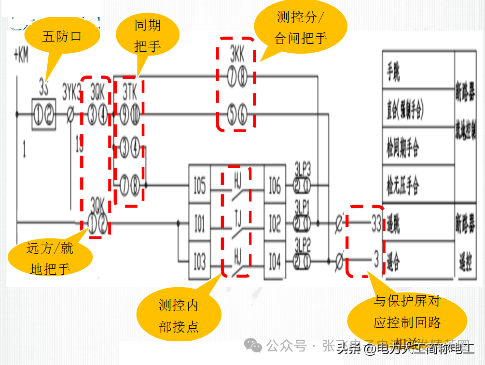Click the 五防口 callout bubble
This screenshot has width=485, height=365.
(62, 36)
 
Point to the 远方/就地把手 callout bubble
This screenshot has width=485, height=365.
(50, 259)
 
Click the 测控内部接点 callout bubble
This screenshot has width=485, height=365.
(179, 316)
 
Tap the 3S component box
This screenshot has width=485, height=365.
(44, 115)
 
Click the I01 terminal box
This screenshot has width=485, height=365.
(199, 224)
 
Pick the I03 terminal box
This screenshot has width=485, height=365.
(199, 262)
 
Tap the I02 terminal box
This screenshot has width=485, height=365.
(275, 224)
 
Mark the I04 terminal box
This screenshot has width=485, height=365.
(275, 262)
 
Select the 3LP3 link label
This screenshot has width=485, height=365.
(303, 170)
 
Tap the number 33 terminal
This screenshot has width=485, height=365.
(375, 225)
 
